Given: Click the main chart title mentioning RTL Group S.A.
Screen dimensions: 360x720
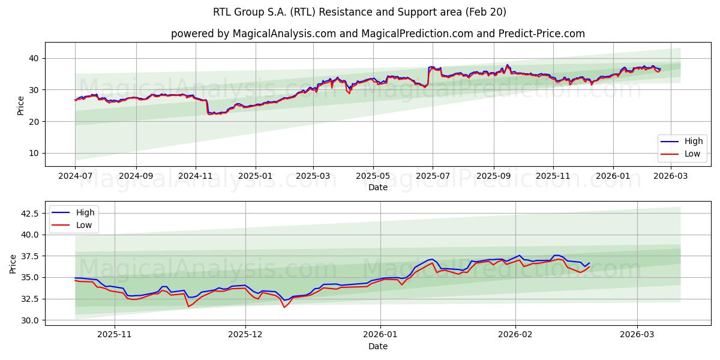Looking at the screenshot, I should pos(359,12).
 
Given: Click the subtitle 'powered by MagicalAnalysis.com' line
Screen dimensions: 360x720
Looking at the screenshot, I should pos(377,34).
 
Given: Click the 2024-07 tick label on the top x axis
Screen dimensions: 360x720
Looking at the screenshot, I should pos(75,176).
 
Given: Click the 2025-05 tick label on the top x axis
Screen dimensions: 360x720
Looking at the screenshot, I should pos(373,176).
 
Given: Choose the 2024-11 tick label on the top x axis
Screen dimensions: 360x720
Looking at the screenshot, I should pos(196,176).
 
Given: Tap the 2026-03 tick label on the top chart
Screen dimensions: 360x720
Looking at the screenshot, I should pos(670,176).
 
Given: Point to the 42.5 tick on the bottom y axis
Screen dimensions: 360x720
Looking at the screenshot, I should pos(29,213).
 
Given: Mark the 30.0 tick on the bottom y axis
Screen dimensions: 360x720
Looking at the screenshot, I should pos(29,320).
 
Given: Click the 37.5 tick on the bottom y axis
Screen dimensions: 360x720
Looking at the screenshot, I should pos(29,256).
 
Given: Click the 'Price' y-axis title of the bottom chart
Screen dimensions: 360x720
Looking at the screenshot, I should pos(13,263).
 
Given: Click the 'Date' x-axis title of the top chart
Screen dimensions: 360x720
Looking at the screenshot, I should pos(377,187).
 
